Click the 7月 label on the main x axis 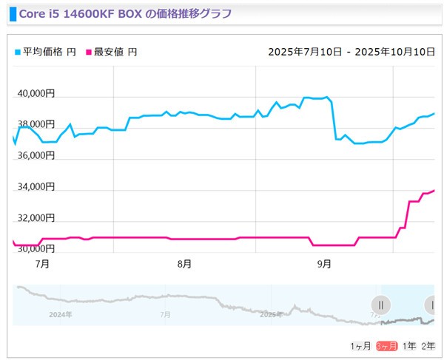pos(42,263)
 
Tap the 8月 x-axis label pos(185,263)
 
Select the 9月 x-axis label pos(324,263)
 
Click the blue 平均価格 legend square pos(18,52)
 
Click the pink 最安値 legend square pos(89,52)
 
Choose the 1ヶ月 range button pos(361,346)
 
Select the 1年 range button pos(409,346)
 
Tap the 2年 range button pos(428,346)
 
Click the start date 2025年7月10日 pos(305,52)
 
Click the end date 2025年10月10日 pos(394,52)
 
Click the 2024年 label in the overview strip pos(59,314)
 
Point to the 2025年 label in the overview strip pos(272,314)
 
